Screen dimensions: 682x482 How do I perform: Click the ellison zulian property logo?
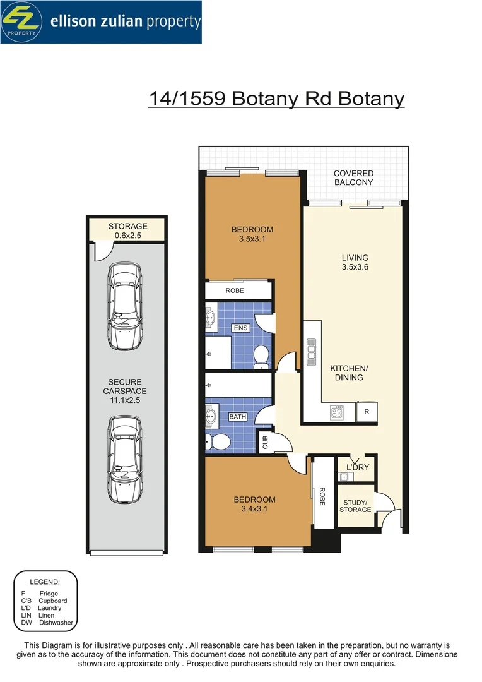pos(101,22)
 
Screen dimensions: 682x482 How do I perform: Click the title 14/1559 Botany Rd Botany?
pos(276,99)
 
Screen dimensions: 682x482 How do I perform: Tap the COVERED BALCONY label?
pos(353,177)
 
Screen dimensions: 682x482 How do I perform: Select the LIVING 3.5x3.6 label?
pos(355,262)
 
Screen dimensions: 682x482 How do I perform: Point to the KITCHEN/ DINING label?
pos(349,373)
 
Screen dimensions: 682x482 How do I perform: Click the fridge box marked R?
pos(367,412)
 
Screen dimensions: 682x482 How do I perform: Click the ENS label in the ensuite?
pos(240,328)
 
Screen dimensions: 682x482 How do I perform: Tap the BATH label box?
pos(237,417)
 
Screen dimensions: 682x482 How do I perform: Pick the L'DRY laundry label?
pos(357,467)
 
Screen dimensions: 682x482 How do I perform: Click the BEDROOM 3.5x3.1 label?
pos(252,234)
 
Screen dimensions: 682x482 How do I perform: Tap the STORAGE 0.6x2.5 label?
pos(127,230)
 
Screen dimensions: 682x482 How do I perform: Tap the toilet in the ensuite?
pos(261,357)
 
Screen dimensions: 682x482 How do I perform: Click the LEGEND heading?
pos(45,582)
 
